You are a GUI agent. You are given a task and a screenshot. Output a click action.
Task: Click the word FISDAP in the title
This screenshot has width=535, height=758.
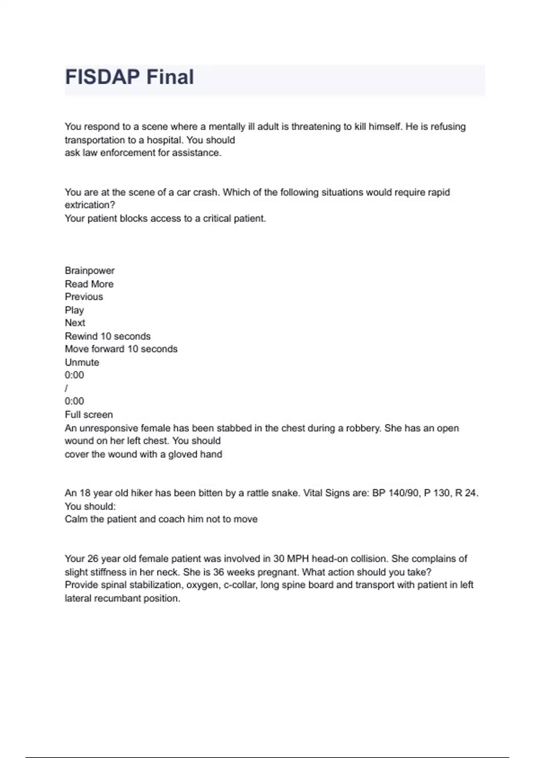click(x=103, y=77)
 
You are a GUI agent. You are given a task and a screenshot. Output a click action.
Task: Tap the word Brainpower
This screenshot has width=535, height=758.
click(x=90, y=271)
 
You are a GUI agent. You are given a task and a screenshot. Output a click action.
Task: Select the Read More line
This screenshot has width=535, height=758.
click(x=89, y=284)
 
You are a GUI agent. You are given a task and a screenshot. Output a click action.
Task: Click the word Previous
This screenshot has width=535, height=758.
click(x=84, y=297)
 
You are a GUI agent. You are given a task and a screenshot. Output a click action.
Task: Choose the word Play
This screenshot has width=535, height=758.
click(x=74, y=310)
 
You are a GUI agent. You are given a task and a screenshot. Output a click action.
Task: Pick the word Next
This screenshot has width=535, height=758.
click(x=75, y=323)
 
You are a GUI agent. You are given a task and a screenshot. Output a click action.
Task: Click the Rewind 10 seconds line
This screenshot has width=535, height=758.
click(x=107, y=336)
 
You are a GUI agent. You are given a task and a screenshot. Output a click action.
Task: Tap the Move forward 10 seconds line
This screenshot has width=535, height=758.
click(x=121, y=349)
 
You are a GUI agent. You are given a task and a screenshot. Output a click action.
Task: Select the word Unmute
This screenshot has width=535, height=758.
click(x=82, y=363)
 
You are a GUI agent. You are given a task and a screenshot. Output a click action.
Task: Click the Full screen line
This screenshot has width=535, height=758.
click(x=89, y=415)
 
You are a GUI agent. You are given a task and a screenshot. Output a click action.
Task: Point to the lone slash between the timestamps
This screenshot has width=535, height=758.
click(x=66, y=388)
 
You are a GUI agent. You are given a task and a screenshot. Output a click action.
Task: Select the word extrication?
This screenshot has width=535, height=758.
click(x=90, y=205)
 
